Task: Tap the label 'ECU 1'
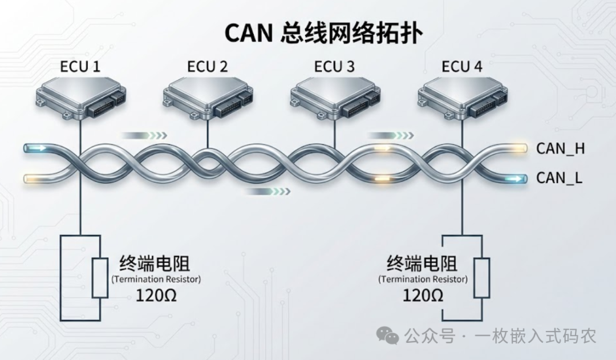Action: point(80,67)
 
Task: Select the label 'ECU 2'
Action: point(207,67)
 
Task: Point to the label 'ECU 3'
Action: point(334,67)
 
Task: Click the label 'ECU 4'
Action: point(462,67)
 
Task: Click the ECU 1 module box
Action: point(80,98)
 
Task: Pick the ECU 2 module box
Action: point(208,98)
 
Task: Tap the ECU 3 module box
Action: point(335,98)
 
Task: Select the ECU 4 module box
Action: point(462,98)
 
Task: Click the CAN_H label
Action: point(561,149)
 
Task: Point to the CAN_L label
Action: point(560,179)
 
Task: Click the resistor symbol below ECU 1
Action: point(100,278)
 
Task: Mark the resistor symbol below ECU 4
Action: point(482,278)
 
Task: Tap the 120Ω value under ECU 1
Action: point(155,295)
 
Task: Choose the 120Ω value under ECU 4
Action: point(423,295)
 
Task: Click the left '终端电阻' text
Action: point(155,264)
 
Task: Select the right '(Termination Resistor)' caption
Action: point(423,280)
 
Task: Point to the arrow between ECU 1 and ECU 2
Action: point(144,135)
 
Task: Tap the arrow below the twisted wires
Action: point(268,192)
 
